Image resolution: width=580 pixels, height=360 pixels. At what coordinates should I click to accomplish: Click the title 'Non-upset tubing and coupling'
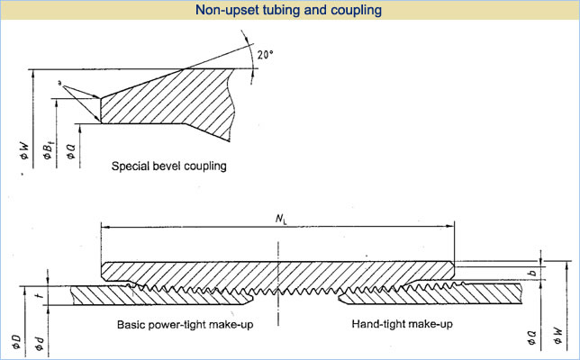tap(290, 11)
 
